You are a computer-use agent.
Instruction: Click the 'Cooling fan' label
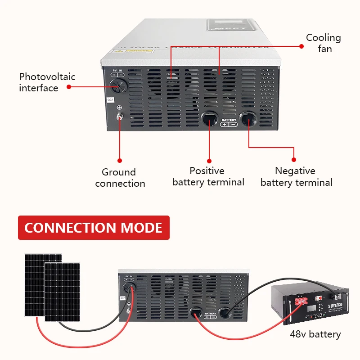click(323, 43)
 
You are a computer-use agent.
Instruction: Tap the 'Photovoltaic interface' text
click(47, 82)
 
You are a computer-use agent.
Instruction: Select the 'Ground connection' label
click(120, 178)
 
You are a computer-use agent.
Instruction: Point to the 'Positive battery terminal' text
click(208, 176)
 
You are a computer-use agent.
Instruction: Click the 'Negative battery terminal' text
click(296, 176)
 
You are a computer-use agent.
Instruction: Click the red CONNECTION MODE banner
click(93, 228)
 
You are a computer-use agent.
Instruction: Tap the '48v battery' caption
click(315, 334)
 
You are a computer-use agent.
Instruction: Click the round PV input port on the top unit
click(119, 84)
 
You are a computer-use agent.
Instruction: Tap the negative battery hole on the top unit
click(248, 119)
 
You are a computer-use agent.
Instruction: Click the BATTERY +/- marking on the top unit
click(229, 122)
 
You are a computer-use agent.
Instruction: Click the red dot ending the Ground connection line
click(120, 160)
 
